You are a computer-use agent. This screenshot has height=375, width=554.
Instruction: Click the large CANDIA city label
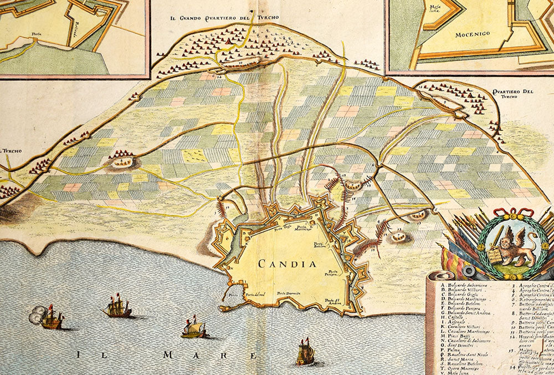coord(287,263)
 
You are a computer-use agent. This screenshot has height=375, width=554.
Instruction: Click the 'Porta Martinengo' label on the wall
coord(304,229)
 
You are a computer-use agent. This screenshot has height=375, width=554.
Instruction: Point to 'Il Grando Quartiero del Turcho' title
coord(224,18)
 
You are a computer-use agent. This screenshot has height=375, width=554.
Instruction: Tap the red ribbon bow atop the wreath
coord(514,214)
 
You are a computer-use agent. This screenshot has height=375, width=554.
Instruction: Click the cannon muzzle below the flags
coord(469,271)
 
